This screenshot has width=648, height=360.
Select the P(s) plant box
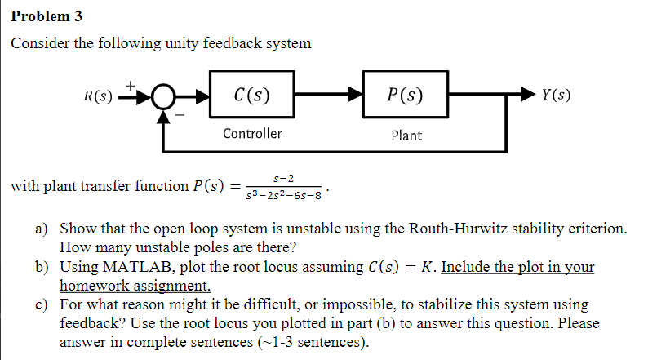pyautogui.click(x=406, y=96)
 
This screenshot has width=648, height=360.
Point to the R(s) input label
pyautogui.click(x=99, y=96)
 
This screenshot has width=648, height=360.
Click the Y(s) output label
pyautogui.click(x=556, y=96)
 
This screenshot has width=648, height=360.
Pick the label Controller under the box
pyautogui.click(x=252, y=134)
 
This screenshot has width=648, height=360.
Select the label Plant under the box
pyautogui.click(x=406, y=136)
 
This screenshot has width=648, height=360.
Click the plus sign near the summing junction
pyautogui.click(x=131, y=83)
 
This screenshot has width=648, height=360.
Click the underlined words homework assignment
pyautogui.click(x=135, y=286)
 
